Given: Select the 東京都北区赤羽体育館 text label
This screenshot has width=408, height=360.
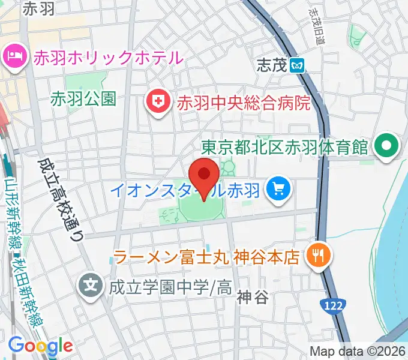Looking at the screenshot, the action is click(x=284, y=146).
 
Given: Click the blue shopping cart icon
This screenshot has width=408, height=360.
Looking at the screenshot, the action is click(x=279, y=190).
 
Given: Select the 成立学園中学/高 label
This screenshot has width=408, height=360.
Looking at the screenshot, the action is click(x=170, y=286).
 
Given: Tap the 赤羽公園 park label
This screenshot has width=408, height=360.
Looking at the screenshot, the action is click(x=83, y=98).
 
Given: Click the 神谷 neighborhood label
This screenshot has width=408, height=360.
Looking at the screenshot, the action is click(x=251, y=296).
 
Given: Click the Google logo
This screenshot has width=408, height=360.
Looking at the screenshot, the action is click(x=40, y=345).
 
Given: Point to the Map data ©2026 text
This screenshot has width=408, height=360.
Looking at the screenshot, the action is click(x=358, y=351).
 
